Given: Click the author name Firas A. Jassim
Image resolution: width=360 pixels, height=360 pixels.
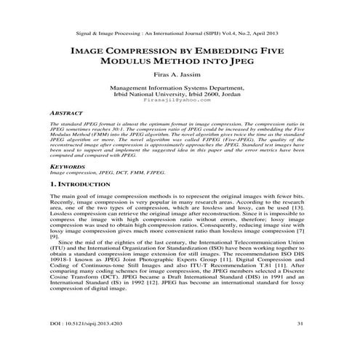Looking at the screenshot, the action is pyautogui.click(x=180, y=73).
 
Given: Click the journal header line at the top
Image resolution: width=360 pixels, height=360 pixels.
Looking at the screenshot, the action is pyautogui.click(x=180, y=34).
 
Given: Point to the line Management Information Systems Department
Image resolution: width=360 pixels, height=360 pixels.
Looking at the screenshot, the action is pyautogui.click(x=180, y=87).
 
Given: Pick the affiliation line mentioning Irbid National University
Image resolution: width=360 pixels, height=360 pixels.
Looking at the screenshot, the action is pyautogui.click(x=180, y=93).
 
